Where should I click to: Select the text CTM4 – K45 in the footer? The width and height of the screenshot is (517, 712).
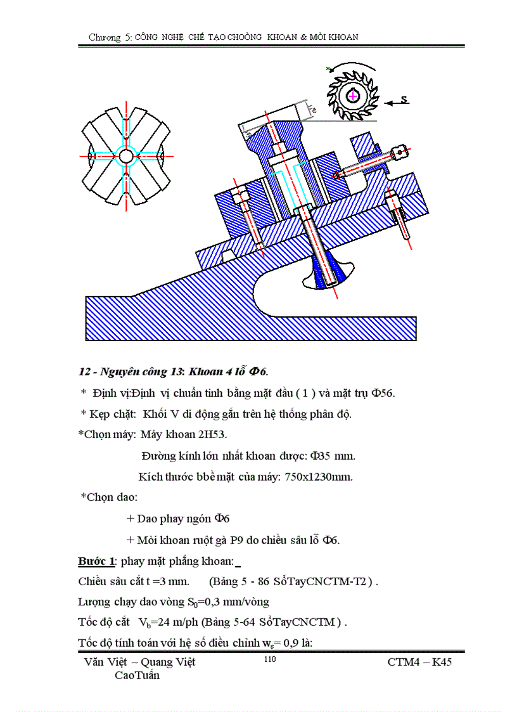pyautogui.click(x=419, y=662)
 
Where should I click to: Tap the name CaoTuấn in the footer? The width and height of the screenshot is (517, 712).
pyautogui.click(x=137, y=675)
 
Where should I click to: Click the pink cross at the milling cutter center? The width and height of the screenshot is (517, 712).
pyautogui.click(x=352, y=95)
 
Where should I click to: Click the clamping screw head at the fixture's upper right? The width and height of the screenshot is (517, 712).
pyautogui.click(x=400, y=151)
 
